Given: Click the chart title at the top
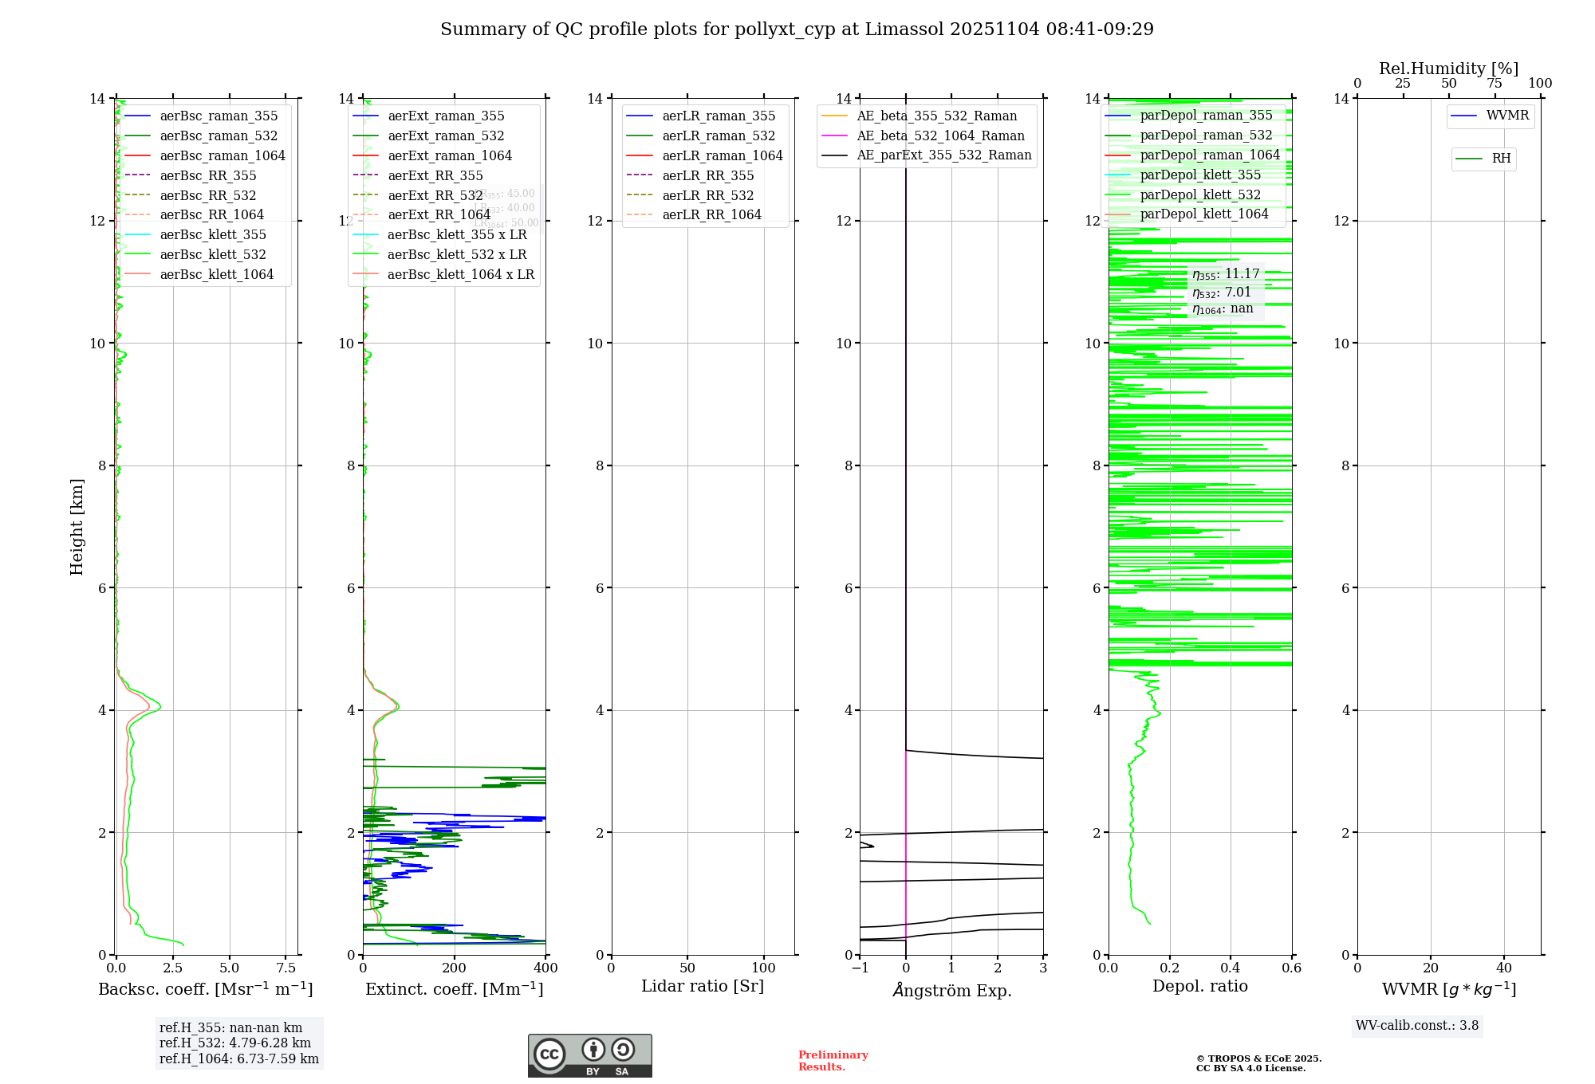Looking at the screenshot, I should pos(797,29).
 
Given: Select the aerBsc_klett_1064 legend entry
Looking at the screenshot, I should pos(216,274).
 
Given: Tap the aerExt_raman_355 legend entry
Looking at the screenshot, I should pos(446,116).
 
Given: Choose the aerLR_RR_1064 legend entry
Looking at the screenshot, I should pos(711,214).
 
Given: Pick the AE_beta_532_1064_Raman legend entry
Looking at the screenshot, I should pos(940,135).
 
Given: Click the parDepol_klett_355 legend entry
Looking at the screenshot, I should pos(1200,175).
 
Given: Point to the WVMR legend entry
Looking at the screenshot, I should pos(1506,116).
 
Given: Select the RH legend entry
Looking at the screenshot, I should pos(1501,159).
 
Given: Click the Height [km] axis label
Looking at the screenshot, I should pos(77,527).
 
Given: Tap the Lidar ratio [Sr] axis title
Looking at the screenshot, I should pos(703,987).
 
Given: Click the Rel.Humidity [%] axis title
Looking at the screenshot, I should pos(1448,69).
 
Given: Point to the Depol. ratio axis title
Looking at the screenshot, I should pos(1199,987).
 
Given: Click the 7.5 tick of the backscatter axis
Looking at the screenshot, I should pos(286,968).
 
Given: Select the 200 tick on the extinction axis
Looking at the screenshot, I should pos(455,968).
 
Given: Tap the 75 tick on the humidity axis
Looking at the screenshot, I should pos(1495,84).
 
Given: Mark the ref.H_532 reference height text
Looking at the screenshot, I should pos(235,1043).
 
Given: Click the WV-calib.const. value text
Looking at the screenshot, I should pos(1417,1026).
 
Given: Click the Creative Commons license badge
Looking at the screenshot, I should pos(589,1056).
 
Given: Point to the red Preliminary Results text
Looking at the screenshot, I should pos(833,1061).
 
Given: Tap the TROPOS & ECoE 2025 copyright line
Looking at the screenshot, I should pos(1258,1059).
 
